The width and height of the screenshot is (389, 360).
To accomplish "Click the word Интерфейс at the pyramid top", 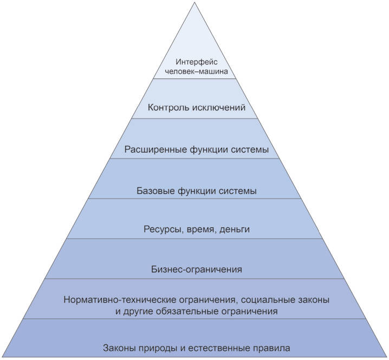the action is pos(197,62).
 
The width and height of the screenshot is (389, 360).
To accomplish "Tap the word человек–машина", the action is pos(197,71).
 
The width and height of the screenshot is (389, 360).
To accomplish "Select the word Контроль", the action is pos(168,108).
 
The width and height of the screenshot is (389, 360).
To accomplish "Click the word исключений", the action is pos(219,108).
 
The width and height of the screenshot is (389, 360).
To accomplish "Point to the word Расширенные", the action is pos(155,150).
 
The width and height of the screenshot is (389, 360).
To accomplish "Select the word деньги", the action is pos(235,230).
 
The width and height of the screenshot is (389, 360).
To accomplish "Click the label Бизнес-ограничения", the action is pos(197,269).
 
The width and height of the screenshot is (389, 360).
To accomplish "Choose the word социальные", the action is pos(268,300).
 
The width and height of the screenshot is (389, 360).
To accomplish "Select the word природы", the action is pos(158,348).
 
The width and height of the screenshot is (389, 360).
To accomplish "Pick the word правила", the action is pos(271,349).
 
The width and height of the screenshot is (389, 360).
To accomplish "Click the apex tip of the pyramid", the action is pos(194,2).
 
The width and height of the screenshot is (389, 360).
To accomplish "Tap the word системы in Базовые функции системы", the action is pos(237,192).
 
